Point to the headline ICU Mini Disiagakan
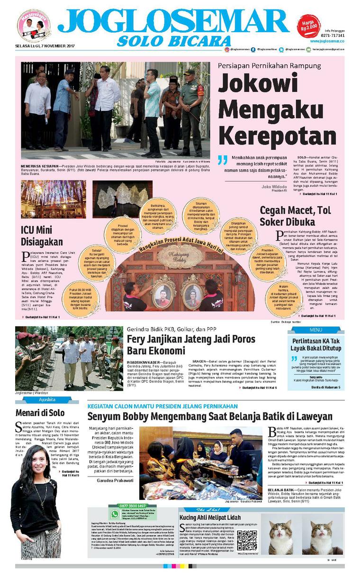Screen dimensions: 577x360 click(42, 236)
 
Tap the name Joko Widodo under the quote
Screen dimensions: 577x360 click(274, 186)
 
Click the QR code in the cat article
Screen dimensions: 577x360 click(246, 539)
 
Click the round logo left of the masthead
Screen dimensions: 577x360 click(34, 26)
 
